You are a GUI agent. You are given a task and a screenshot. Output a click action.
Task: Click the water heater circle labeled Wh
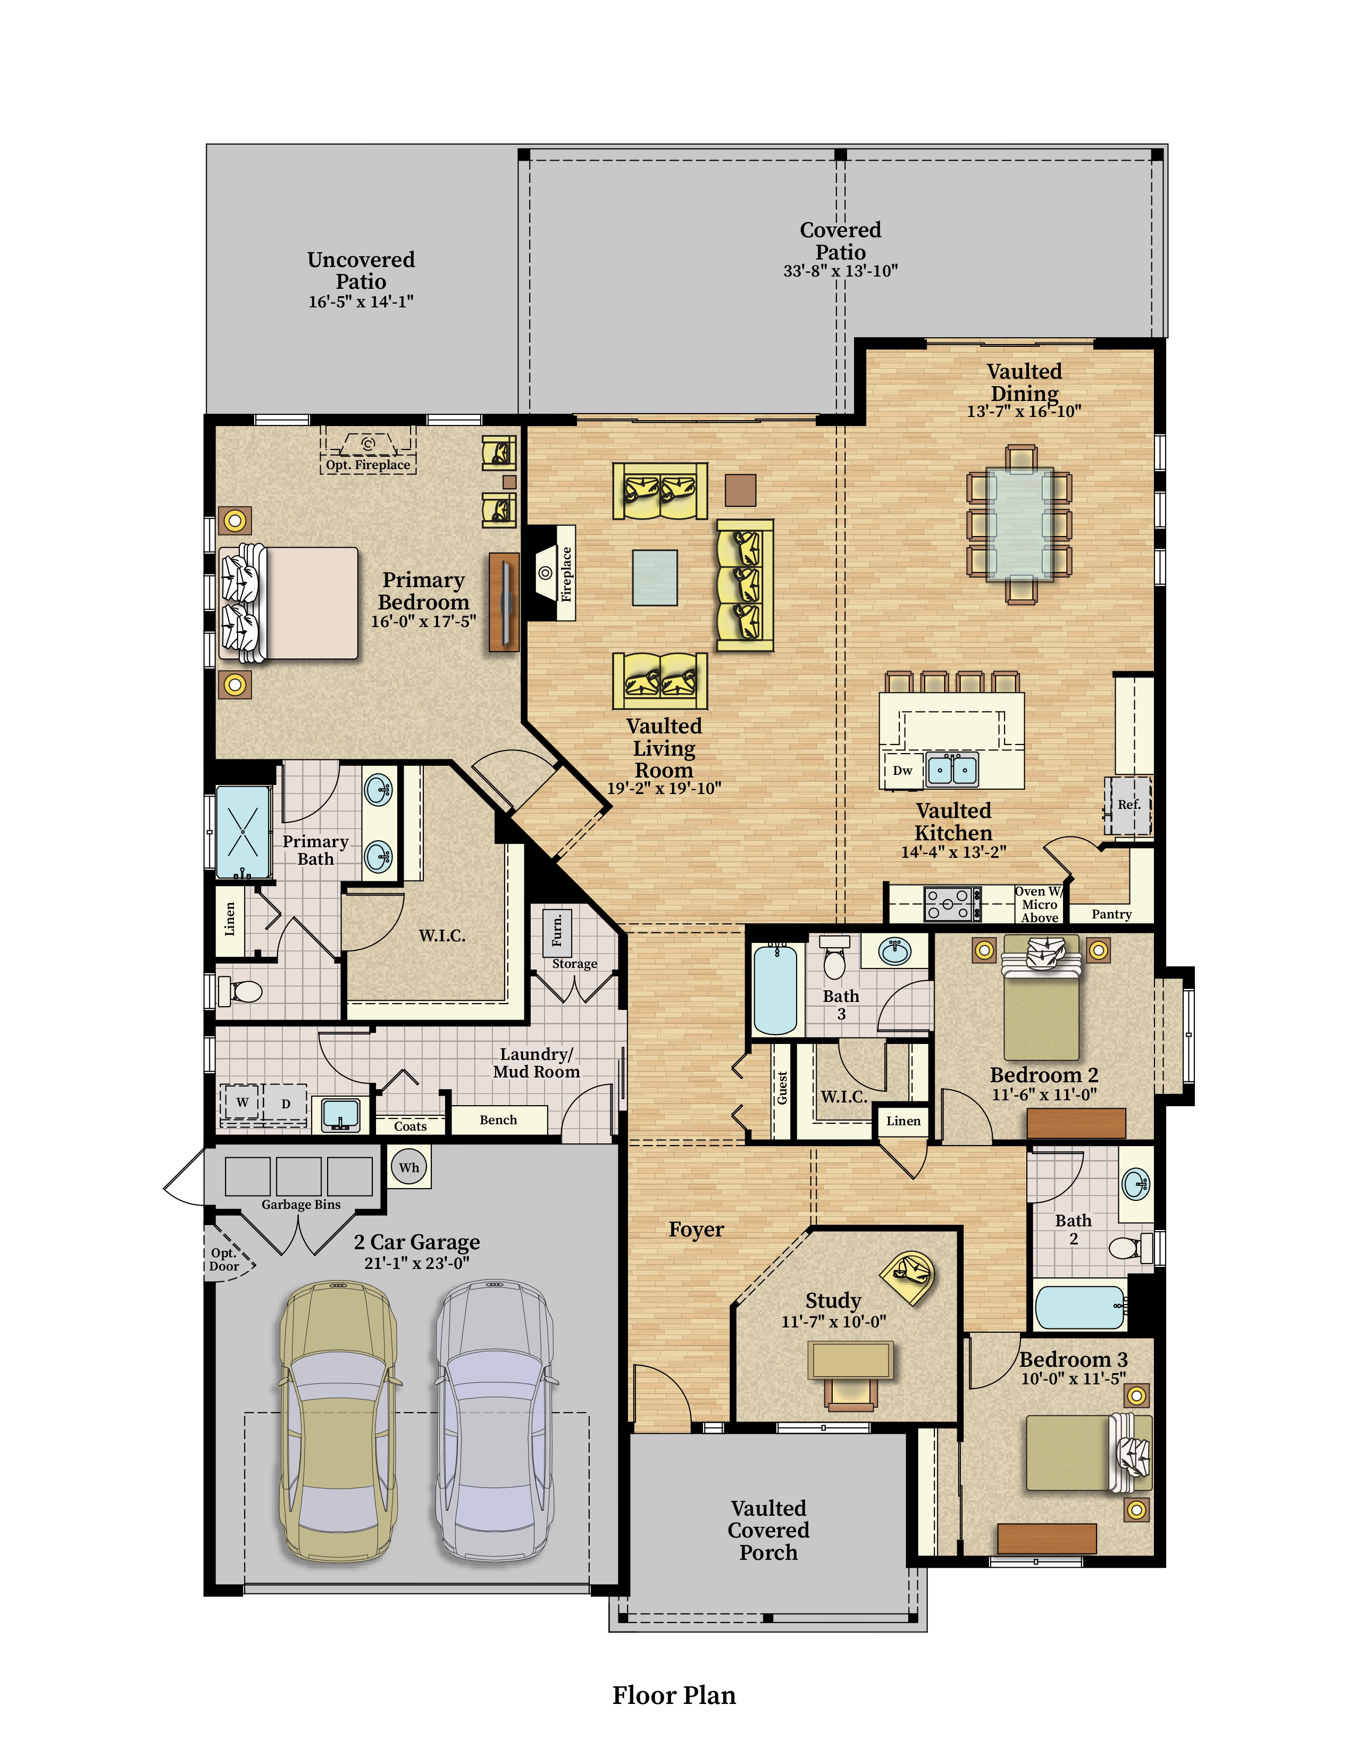point(409,1167)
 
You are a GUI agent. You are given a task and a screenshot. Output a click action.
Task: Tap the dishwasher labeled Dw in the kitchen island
point(903,770)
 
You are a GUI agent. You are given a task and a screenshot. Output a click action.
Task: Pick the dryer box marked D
point(285,1104)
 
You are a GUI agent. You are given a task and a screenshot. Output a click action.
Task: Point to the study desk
point(851,1360)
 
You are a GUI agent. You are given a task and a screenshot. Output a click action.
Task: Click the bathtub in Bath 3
point(775,989)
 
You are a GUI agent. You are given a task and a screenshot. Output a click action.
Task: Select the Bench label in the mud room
point(498,1119)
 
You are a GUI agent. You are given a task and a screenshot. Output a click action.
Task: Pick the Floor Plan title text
point(674,1695)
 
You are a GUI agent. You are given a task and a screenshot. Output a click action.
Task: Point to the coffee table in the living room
point(655,577)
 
